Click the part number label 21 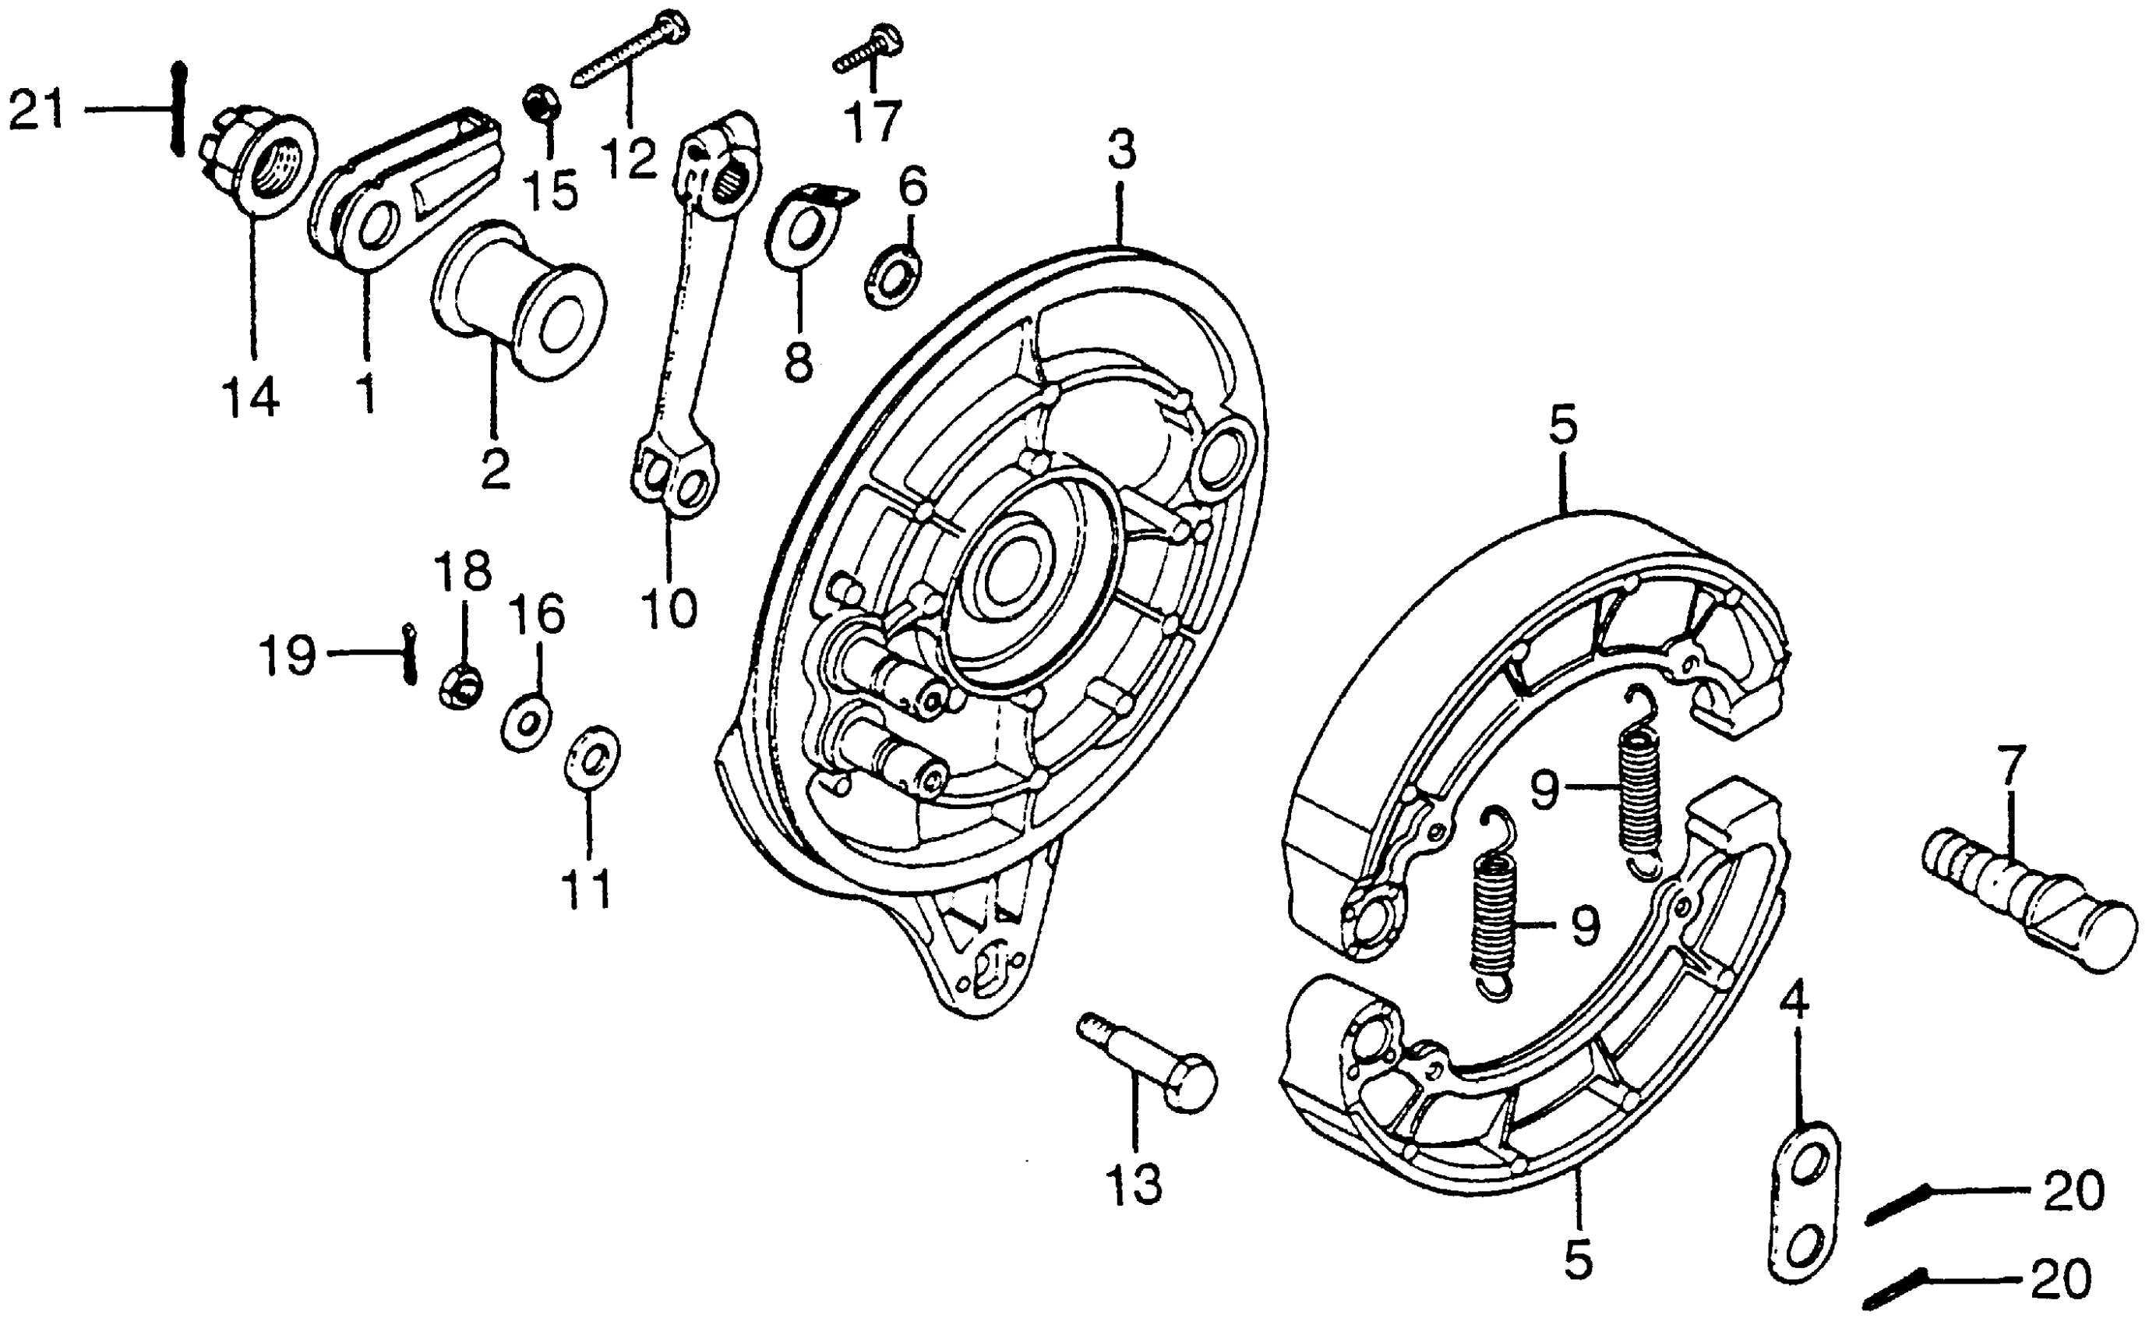click(x=37, y=111)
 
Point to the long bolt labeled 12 click(x=629, y=50)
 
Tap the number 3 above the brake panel click(x=1120, y=150)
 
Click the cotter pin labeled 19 click(x=409, y=654)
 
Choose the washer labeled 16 click(x=526, y=724)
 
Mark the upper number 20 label click(x=2073, y=1192)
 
